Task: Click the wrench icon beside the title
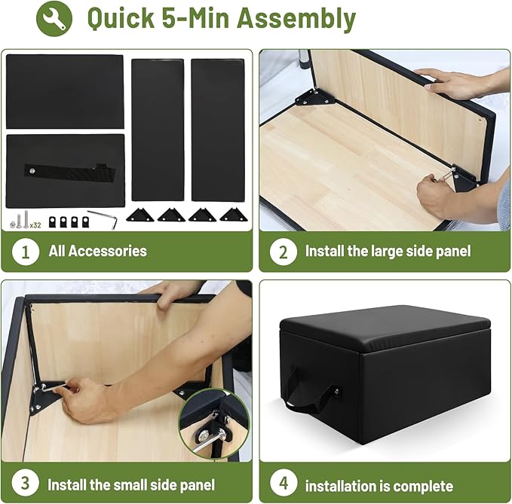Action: (54, 18)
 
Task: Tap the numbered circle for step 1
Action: (26, 252)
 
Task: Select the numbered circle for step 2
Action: (284, 252)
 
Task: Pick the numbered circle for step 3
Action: (26, 483)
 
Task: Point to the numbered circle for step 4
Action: (284, 483)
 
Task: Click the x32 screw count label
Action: (35, 225)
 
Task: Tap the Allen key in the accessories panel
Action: (104, 218)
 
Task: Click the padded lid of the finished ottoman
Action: (385, 328)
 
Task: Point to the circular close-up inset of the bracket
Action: (214, 424)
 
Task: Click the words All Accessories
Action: (97, 251)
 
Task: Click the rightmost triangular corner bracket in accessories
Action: (233, 215)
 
